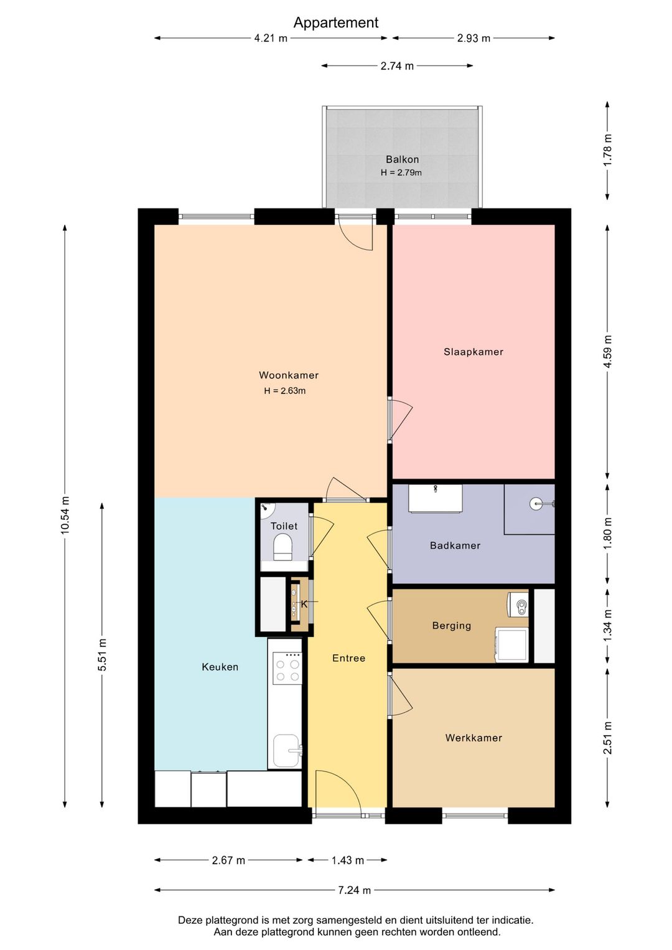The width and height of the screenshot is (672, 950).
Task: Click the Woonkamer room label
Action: coord(288,375)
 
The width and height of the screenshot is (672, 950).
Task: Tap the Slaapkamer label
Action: coord(473,352)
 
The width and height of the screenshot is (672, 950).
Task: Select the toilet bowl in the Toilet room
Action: coord(283,546)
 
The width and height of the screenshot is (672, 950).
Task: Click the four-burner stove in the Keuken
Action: coord(287,668)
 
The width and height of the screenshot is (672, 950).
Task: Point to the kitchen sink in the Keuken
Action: coord(286,751)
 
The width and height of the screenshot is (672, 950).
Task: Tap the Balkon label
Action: coord(402,159)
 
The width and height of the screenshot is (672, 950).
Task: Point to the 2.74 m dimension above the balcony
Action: coord(397,66)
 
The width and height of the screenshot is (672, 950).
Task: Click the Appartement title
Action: coord(336,23)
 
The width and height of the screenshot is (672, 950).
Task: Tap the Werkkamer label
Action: coord(474,738)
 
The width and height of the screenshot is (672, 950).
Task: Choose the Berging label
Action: coord(452,626)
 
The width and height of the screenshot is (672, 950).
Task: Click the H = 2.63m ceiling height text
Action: coord(284,390)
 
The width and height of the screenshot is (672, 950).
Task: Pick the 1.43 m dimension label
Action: coord(347,860)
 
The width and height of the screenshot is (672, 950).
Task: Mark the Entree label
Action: coord(348,658)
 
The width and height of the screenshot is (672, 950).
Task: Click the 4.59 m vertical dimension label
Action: coord(608,352)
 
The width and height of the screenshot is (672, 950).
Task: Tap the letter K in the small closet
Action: coord(304,604)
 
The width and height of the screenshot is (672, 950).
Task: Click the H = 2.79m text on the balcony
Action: coord(401,172)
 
